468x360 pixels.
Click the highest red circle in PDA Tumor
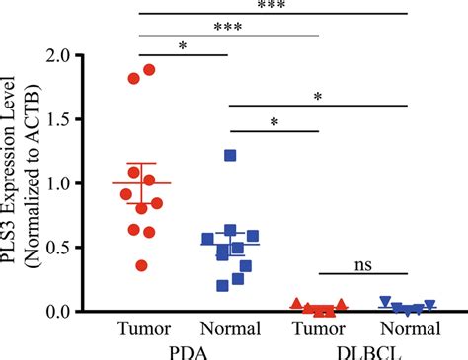coord(150,70)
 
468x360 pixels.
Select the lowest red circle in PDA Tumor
coord(142,264)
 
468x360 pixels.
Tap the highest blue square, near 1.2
coord(230,155)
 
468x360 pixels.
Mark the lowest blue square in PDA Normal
coord(223,286)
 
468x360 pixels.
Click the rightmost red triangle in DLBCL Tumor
coord(342,304)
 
